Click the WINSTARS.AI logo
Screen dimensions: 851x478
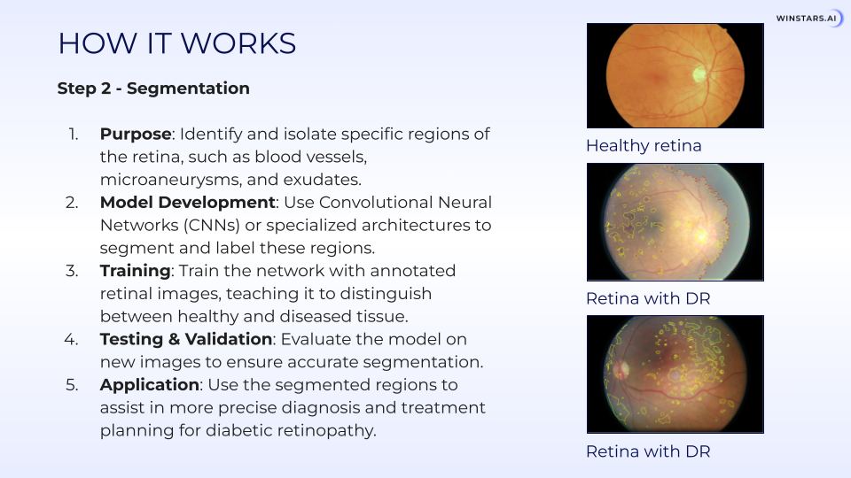point(809,19)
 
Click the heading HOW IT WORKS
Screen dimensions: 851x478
point(177,43)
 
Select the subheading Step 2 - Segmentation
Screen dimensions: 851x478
point(153,89)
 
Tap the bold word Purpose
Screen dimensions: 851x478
point(136,134)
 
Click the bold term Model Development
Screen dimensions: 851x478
point(188,202)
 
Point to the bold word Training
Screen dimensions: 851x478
point(135,271)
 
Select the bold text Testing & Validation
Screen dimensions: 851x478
point(186,339)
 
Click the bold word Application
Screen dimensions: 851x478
point(150,384)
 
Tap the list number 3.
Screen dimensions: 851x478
point(72,271)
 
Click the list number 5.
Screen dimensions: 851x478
point(72,385)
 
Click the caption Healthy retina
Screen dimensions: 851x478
point(644,145)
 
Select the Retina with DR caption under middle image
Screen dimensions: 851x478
point(648,298)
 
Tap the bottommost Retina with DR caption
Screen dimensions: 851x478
point(648,451)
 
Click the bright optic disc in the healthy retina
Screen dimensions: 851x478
point(699,73)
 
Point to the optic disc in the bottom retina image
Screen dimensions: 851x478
point(621,369)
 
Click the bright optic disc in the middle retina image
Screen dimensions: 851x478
point(701,235)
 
